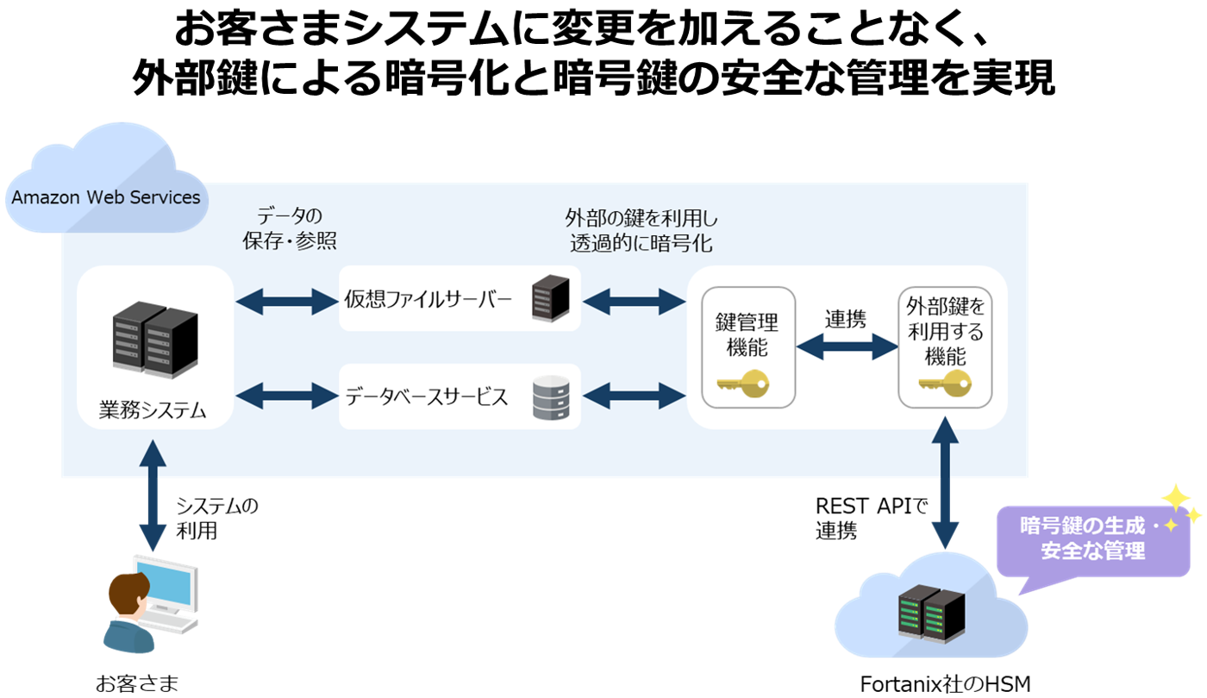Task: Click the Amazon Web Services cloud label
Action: pyautogui.click(x=106, y=197)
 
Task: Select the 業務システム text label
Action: pyautogui.click(x=153, y=409)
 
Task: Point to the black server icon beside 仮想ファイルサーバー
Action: pyautogui.click(x=550, y=297)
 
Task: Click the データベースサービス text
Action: pyautogui.click(x=427, y=397)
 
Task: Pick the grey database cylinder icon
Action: pyautogui.click(x=550, y=397)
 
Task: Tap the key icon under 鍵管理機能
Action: pyautogui.click(x=742, y=383)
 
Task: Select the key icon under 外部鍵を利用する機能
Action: pyautogui.click(x=944, y=383)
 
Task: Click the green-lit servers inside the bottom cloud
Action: pyautogui.click(x=927, y=611)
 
